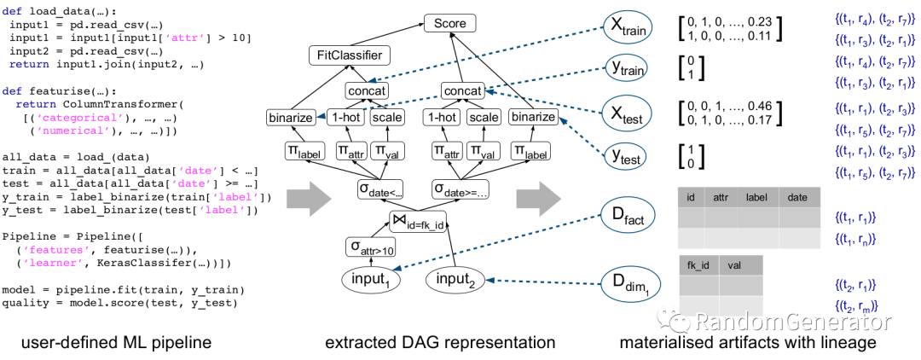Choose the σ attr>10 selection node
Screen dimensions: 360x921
pyautogui.click(x=370, y=247)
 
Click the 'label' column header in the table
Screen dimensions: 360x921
pyautogui.click(x=756, y=197)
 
